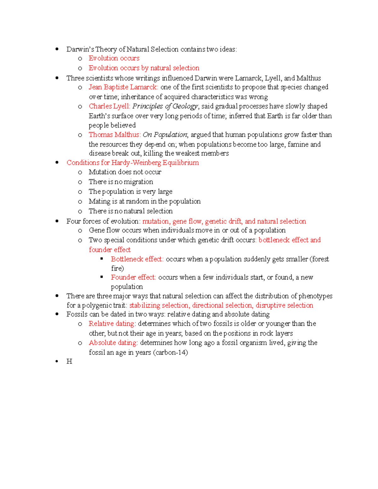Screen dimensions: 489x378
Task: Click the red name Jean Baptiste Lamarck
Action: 123,87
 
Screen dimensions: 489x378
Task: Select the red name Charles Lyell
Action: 109,106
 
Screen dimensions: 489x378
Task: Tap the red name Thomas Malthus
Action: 114,135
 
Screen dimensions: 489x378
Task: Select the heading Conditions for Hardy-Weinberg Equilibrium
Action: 133,163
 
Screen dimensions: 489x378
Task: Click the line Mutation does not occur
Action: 125,172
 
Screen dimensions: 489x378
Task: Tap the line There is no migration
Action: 121,182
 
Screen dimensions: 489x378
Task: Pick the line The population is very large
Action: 130,191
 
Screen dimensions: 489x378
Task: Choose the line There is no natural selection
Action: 130,211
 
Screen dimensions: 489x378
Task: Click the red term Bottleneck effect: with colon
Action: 137,259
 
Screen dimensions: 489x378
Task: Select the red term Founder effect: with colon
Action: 133,277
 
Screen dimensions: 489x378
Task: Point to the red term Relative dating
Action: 112,324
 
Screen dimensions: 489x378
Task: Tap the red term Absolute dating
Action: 113,343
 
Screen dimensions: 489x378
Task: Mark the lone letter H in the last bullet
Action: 69,361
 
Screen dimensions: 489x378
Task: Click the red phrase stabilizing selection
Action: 159,305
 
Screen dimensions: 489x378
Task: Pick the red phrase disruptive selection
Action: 284,305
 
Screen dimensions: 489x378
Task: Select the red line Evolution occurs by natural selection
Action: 144,68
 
